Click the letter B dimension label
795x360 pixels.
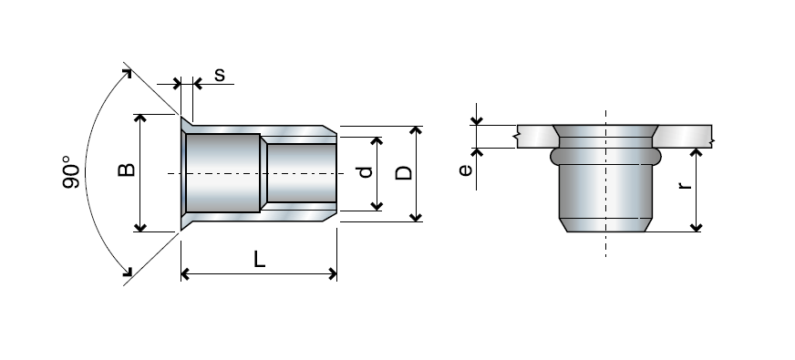[127, 170]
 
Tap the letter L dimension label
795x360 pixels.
[259, 260]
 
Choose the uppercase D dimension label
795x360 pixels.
[405, 172]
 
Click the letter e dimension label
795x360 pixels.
[466, 170]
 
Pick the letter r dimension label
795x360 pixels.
[685, 185]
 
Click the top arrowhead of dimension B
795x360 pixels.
[139, 119]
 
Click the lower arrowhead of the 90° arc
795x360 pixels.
[129, 272]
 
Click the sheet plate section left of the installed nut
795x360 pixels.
[533, 135]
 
